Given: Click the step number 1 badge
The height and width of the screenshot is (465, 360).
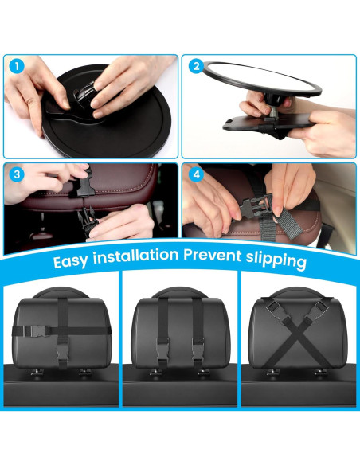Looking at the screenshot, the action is click(x=17, y=66).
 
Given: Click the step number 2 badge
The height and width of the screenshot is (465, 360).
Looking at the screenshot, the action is click(x=196, y=66).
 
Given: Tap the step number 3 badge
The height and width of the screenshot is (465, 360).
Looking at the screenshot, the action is click(x=17, y=174).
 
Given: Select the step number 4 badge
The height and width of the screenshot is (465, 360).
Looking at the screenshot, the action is click(x=196, y=174).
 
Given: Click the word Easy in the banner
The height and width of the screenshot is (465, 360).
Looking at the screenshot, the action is click(x=71, y=261).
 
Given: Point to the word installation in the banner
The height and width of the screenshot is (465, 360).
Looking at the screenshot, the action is click(x=136, y=256).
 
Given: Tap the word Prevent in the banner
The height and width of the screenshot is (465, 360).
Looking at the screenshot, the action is click(x=213, y=256).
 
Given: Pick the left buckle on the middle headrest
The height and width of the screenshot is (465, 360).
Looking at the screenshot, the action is click(x=162, y=349).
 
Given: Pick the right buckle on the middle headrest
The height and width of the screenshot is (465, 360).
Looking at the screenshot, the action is click(x=198, y=349).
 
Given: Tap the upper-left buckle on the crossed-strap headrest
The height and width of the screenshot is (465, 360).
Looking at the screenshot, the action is click(x=278, y=311).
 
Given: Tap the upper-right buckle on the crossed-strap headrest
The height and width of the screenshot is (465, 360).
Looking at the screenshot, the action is click(x=316, y=311).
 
